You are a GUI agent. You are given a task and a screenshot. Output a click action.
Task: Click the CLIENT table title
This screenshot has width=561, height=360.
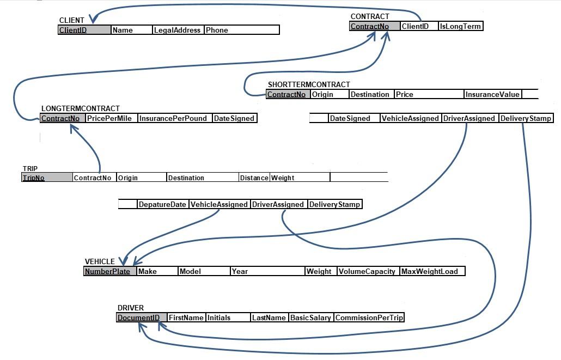coord(71,21)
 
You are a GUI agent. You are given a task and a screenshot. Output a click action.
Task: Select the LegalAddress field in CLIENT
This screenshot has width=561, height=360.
coord(177,30)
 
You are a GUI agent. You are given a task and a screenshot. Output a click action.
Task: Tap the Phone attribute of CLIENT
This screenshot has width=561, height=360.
coord(217,30)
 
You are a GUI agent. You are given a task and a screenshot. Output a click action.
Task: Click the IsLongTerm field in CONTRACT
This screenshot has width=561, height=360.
coord(460,26)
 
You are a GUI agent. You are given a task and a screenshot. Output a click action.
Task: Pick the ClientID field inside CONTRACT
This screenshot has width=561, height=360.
coord(415,26)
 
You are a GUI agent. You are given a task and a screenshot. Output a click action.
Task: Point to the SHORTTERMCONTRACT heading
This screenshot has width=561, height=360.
coord(308,84)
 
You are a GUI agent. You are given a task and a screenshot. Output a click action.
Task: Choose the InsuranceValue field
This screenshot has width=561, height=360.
coord(492,94)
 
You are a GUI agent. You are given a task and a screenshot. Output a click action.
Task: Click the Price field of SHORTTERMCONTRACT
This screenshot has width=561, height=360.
coord(405,94)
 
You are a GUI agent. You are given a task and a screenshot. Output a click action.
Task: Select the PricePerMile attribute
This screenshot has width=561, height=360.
coord(109,118)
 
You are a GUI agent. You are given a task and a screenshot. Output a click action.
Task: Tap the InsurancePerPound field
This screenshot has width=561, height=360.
coord(174,118)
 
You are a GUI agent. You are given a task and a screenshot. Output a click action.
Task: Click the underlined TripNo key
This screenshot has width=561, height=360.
coord(33,178)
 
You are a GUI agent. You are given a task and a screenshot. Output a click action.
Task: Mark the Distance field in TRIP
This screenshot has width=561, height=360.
coord(254,178)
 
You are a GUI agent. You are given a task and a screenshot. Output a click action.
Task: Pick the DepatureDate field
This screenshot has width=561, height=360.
coord(162,204)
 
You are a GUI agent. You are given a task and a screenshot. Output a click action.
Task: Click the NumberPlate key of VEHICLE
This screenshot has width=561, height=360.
coord(107,271)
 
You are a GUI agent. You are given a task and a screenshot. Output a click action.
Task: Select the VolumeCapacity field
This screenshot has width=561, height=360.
coord(367,271)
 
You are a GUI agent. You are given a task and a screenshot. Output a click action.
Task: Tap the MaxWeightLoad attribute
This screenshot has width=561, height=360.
coord(430,271)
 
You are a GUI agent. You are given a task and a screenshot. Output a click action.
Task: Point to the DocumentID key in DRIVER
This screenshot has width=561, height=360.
coord(138,318)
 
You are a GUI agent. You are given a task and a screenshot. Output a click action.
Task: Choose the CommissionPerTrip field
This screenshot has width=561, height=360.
coord(369,318)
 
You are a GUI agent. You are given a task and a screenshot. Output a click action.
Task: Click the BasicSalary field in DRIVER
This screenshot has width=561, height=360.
coord(310,318)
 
